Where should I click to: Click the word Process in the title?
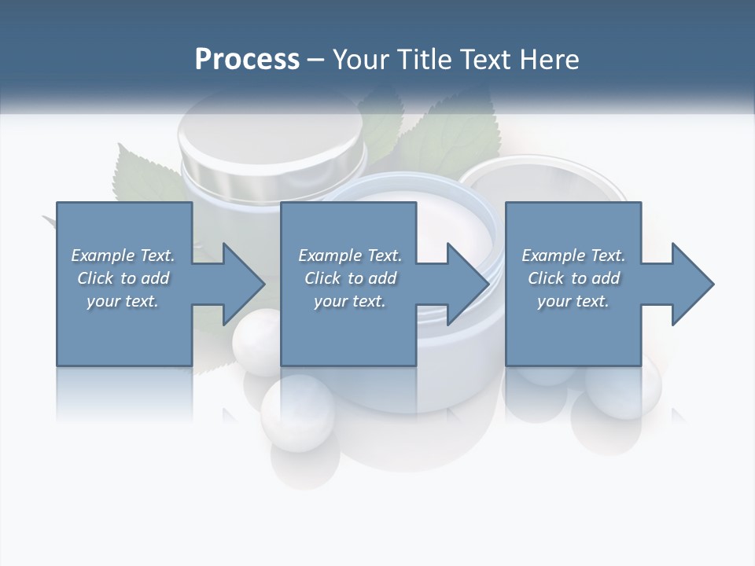[247, 60]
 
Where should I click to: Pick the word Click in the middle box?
[322, 278]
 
